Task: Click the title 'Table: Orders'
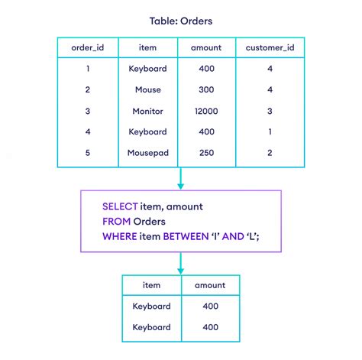click(x=181, y=21)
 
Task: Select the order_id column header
click(x=88, y=47)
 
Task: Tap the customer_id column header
click(x=270, y=47)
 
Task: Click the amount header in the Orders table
click(x=206, y=47)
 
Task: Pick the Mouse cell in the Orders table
click(x=148, y=89)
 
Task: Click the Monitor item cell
click(x=147, y=111)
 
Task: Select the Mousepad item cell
click(x=148, y=153)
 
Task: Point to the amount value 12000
click(x=206, y=111)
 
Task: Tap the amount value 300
click(x=206, y=89)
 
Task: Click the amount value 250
click(x=206, y=153)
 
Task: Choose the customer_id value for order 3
click(x=270, y=111)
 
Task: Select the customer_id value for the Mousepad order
click(x=270, y=153)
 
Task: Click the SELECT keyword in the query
click(x=120, y=206)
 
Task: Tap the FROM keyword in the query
click(x=117, y=222)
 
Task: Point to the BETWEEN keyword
click(x=186, y=236)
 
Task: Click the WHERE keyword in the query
click(x=120, y=236)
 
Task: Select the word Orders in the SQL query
click(x=150, y=222)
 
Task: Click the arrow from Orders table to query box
click(x=181, y=178)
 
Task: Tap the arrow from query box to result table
click(x=181, y=264)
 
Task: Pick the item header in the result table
click(x=151, y=285)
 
